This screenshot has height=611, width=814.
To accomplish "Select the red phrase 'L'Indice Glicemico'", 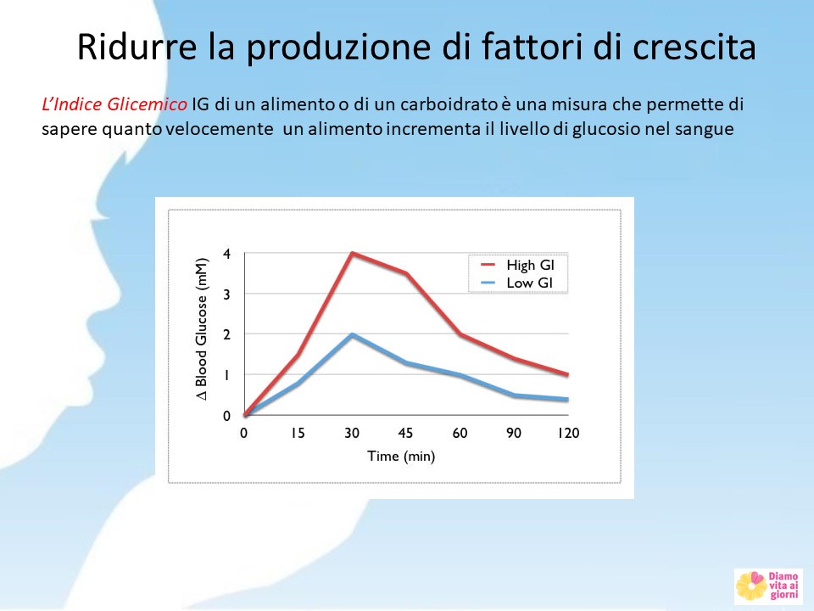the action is pyautogui.click(x=114, y=104).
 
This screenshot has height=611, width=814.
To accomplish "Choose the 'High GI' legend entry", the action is pyautogui.click(x=518, y=265).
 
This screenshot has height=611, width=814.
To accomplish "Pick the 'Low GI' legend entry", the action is pyautogui.click(x=517, y=283).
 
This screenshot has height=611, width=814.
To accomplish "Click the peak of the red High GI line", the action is pyautogui.click(x=352, y=253).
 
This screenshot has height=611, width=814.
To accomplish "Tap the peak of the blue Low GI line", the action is pyautogui.click(x=352, y=334).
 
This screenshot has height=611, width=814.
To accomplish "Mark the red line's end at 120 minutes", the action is pyautogui.click(x=568, y=374).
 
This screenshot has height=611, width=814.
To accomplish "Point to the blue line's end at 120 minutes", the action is pyautogui.click(x=568, y=399).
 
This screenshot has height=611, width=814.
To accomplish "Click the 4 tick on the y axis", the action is pyautogui.click(x=226, y=254).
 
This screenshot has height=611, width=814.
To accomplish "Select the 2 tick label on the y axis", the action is pyautogui.click(x=226, y=334).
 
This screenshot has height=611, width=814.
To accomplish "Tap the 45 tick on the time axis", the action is pyautogui.click(x=405, y=433).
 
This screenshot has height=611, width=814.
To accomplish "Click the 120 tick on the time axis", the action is pyautogui.click(x=568, y=433).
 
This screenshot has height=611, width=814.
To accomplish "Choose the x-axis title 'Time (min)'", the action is pyautogui.click(x=401, y=457).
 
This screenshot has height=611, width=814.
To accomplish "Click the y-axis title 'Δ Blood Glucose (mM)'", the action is pyautogui.click(x=202, y=329).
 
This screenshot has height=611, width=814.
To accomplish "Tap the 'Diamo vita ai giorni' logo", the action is pyautogui.click(x=768, y=586).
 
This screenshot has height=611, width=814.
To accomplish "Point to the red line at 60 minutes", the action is pyautogui.click(x=460, y=334).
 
